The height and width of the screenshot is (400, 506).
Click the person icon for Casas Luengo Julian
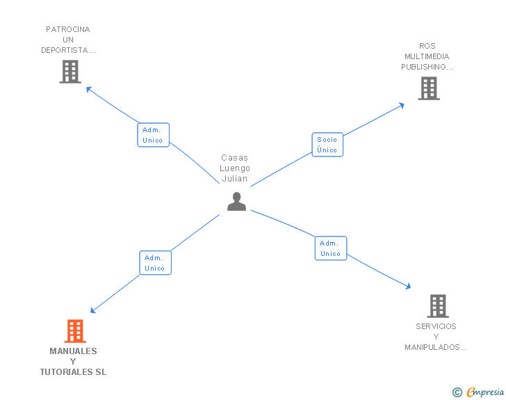(x=237, y=202)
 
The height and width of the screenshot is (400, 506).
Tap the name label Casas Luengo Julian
(x=235, y=168)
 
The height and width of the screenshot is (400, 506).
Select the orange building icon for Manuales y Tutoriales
(x=75, y=331)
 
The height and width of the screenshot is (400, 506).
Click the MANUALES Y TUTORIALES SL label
(x=74, y=362)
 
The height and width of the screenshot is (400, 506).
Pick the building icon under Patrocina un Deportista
(x=70, y=72)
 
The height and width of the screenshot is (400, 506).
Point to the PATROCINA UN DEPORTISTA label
(x=68, y=40)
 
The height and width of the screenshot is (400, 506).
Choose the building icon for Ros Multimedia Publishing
(x=429, y=88)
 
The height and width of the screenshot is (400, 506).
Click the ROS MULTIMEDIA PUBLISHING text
(x=427, y=56)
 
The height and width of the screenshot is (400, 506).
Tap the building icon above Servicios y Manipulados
(x=437, y=305)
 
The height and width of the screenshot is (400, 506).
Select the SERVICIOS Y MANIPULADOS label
(x=436, y=337)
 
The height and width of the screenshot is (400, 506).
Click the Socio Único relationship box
(x=327, y=145)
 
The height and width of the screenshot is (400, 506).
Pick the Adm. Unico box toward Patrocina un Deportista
(x=153, y=135)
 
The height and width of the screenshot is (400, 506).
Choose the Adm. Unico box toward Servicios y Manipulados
(x=330, y=248)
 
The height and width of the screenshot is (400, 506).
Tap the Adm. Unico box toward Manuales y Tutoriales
(x=155, y=263)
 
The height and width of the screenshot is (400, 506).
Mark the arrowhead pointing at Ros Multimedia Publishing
(x=401, y=105)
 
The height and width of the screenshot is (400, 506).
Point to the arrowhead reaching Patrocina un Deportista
(x=88, y=88)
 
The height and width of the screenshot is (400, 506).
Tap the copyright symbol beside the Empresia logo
(x=457, y=392)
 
